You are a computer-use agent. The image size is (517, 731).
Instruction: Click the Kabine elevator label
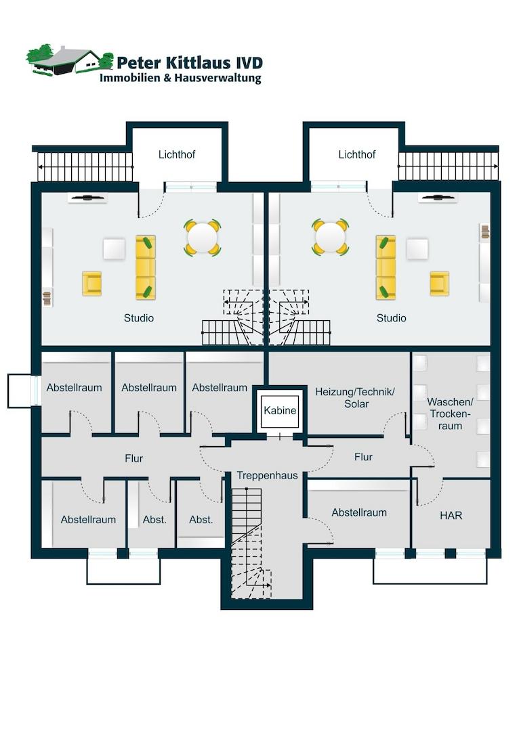tap(280, 410)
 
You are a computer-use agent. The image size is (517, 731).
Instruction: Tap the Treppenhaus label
tap(267, 476)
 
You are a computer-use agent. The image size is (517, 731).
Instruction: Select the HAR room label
tap(451, 516)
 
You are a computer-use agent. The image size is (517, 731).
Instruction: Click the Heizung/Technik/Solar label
tap(355, 398)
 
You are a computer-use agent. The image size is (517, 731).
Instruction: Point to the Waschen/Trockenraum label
tap(451, 414)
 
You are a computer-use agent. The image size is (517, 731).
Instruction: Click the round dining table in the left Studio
tap(203, 238)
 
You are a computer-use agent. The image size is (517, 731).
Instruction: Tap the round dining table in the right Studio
tap(330, 237)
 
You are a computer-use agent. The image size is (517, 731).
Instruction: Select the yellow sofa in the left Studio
tap(146, 267)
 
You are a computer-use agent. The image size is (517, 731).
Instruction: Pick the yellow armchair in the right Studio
tap(440, 284)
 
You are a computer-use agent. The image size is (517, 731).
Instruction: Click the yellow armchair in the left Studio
tap(92, 284)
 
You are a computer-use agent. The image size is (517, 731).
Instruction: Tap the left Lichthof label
tap(177, 154)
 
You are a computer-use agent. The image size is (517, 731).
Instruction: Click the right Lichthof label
tap(357, 154)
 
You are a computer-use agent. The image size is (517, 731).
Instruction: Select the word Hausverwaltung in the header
tap(218, 78)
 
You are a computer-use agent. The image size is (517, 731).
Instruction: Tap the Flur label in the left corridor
tap(134, 459)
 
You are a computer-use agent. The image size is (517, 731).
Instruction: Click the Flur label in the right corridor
tap(363, 458)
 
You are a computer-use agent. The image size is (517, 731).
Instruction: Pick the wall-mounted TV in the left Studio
tap(87, 198)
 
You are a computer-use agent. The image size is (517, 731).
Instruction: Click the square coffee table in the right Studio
tap(417, 249)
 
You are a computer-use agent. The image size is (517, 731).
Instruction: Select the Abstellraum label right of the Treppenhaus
tap(359, 513)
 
